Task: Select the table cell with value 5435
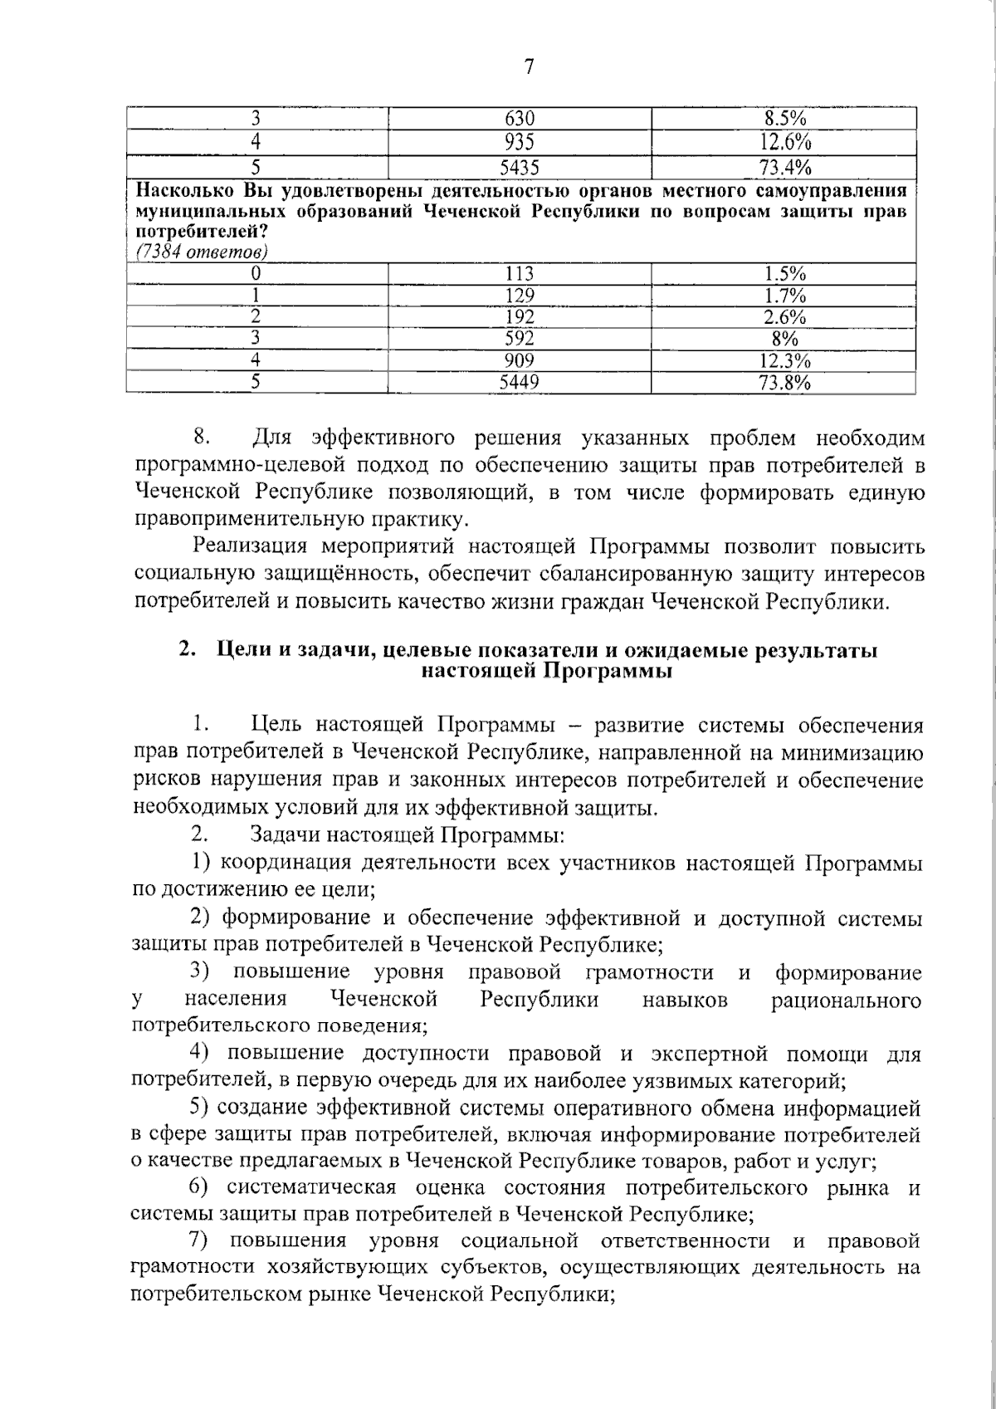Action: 520,168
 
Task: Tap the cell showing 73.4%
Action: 784,168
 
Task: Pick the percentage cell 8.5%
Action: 784,119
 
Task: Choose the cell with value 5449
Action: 520,382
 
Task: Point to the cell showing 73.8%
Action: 784,382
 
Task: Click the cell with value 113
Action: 520,274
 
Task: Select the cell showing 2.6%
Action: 784,317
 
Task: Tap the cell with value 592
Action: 520,339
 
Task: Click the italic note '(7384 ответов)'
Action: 201,251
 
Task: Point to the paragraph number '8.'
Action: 204,437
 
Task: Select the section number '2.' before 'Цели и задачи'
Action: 187,650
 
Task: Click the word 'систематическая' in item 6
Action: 313,1187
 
